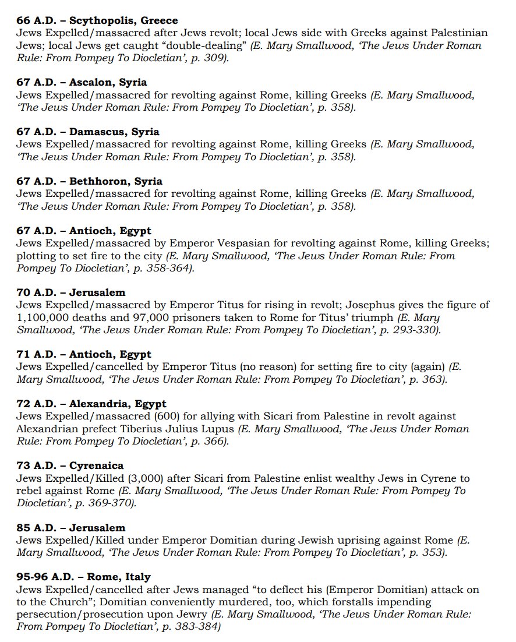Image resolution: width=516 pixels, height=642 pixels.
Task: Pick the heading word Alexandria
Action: pyautogui.click(x=97, y=404)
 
